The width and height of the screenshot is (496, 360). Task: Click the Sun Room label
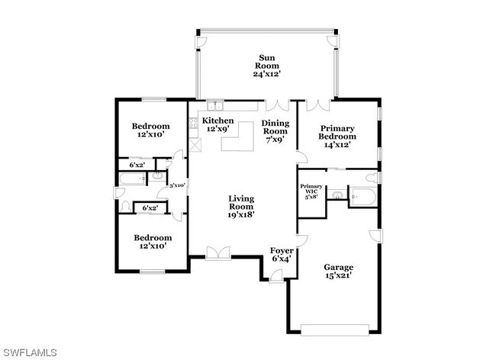[x=267, y=62]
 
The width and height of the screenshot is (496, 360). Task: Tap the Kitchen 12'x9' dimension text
[x=217, y=129]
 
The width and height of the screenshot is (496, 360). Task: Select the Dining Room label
[x=275, y=127]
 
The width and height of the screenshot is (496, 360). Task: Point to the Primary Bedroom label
[x=337, y=133]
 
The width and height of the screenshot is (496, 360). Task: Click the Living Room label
[x=241, y=203]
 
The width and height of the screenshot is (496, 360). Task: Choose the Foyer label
[x=282, y=251]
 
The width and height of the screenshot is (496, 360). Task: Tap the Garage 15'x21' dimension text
[x=339, y=275]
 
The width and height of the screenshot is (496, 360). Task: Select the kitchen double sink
[x=215, y=105]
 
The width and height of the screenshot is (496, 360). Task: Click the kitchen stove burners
[x=194, y=123]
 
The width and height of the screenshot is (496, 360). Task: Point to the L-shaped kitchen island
[x=238, y=137]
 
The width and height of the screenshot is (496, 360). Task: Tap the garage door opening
[x=335, y=329]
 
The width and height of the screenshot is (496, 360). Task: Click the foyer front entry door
[x=276, y=276]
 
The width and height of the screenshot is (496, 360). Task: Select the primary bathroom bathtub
[x=363, y=197]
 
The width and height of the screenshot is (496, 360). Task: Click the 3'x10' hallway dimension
[x=177, y=185]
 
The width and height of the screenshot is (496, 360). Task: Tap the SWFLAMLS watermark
[x=29, y=352]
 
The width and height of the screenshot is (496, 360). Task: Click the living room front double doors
[x=218, y=253]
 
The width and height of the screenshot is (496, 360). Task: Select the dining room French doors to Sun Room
[x=278, y=105]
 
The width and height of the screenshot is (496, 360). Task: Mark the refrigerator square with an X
[x=195, y=145]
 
